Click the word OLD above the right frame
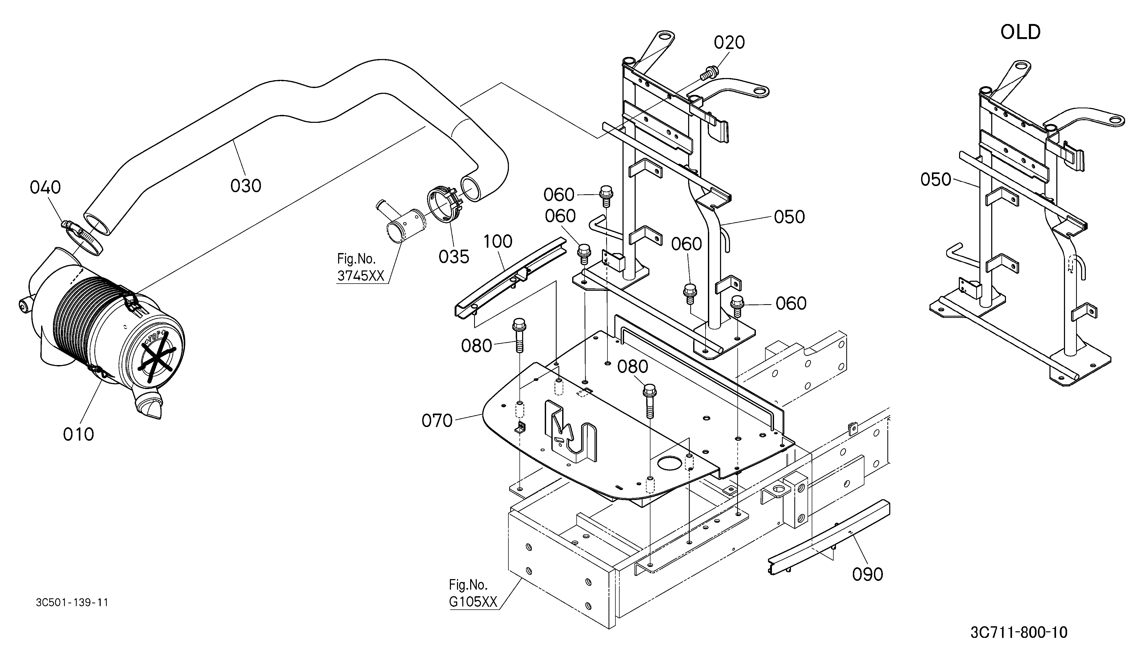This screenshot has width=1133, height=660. pyautogui.click(x=1020, y=32)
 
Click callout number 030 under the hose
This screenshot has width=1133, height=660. pyautogui.click(x=246, y=185)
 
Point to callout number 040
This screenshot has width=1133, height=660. pyautogui.click(x=45, y=187)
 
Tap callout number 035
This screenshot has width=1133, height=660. pyautogui.click(x=454, y=257)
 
